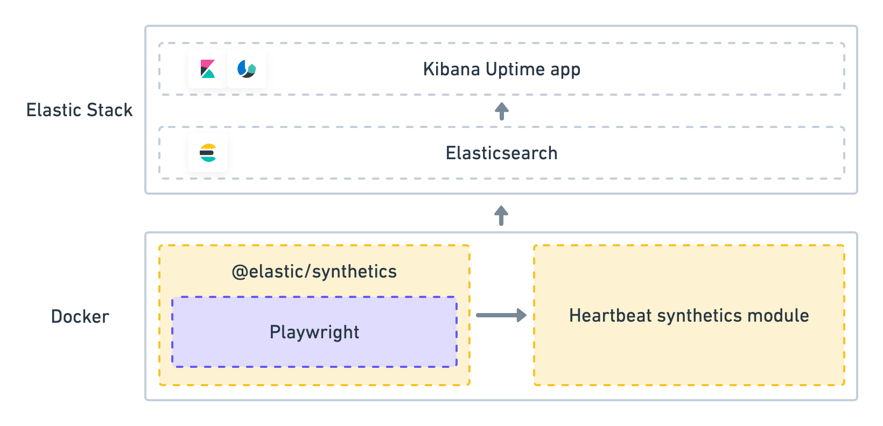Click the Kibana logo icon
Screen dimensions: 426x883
tap(208, 69)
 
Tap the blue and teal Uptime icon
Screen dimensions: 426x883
tap(247, 69)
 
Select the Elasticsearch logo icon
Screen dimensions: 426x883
tap(208, 153)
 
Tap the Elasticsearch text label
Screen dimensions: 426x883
tap(501, 153)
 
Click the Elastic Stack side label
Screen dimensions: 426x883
tap(80, 110)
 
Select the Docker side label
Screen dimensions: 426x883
tap(80, 316)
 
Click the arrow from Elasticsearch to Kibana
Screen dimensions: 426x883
tap(501, 111)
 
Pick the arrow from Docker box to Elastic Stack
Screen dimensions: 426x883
tap(501, 215)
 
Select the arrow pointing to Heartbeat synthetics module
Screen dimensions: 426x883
tap(501, 315)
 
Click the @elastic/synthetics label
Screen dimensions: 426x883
tap(314, 272)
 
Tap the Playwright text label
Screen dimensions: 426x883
tap(314, 332)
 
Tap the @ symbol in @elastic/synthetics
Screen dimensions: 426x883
tap(239, 272)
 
